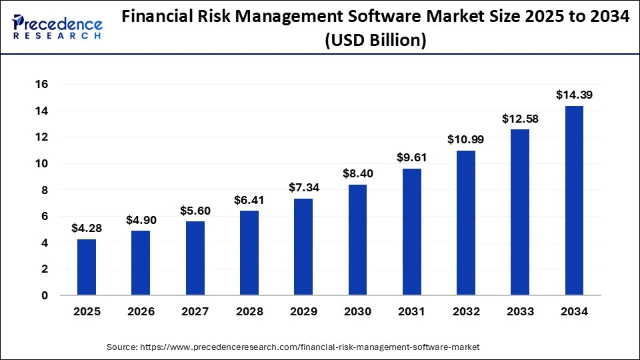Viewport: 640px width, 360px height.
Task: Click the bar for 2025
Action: [87, 267]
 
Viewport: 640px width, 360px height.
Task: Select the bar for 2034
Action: [574, 200]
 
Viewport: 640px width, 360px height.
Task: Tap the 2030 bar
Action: [357, 240]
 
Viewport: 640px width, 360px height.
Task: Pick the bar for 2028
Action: [249, 253]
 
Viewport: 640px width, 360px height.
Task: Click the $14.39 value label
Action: [574, 95]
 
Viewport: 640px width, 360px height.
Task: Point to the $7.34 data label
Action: [303, 188]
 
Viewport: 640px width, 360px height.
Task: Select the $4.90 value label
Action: [141, 220]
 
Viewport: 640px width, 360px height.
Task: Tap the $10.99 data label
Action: [466, 140]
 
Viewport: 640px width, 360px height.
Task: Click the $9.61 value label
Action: [412, 158]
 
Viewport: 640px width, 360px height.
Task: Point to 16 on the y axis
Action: [43, 85]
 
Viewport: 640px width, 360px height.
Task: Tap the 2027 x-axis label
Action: [195, 311]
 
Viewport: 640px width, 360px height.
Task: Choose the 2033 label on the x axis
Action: [520, 311]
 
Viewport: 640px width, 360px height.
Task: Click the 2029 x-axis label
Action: [303, 311]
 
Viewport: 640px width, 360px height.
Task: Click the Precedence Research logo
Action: [56, 27]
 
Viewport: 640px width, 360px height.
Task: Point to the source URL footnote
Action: [293, 347]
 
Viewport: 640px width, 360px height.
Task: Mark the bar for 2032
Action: [466, 223]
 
